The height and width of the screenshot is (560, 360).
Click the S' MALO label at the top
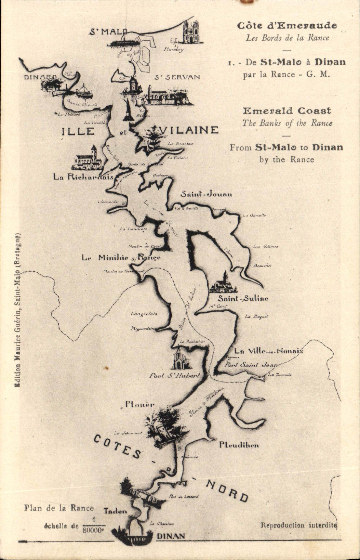tap(108, 32)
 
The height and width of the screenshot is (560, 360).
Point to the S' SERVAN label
tap(177, 77)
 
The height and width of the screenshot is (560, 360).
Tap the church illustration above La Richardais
tap(88, 159)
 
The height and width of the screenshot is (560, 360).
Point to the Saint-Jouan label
tap(206, 194)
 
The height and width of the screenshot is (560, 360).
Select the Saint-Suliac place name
tap(243, 298)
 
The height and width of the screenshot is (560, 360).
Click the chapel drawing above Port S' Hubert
tap(180, 359)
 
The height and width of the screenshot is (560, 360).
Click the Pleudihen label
tap(239, 445)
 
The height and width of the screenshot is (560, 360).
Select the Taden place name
tap(115, 511)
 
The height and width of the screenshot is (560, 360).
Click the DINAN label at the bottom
tap(171, 536)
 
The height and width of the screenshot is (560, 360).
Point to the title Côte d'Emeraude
tap(287, 26)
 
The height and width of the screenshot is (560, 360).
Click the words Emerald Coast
tap(287, 111)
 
